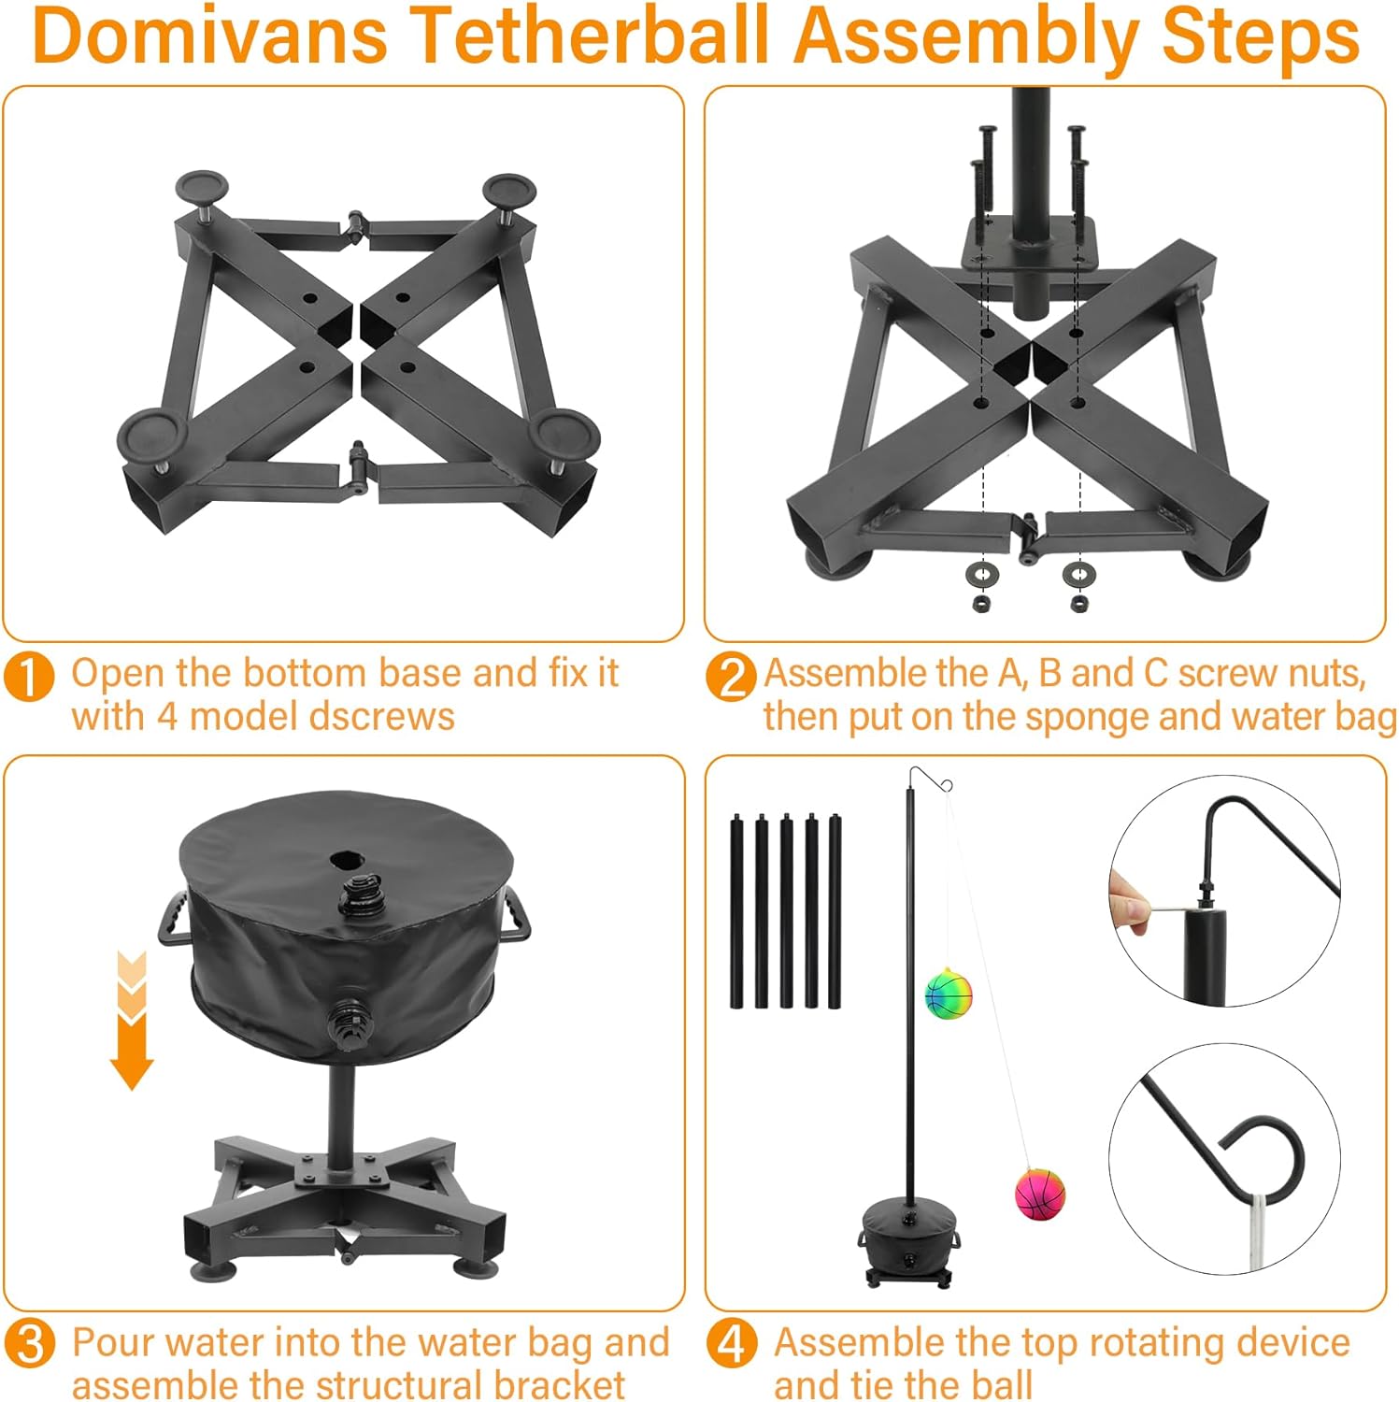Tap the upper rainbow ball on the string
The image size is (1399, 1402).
coord(949,994)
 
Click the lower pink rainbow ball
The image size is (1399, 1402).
coord(1040,1194)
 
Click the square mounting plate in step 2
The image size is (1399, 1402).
coord(1029,244)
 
